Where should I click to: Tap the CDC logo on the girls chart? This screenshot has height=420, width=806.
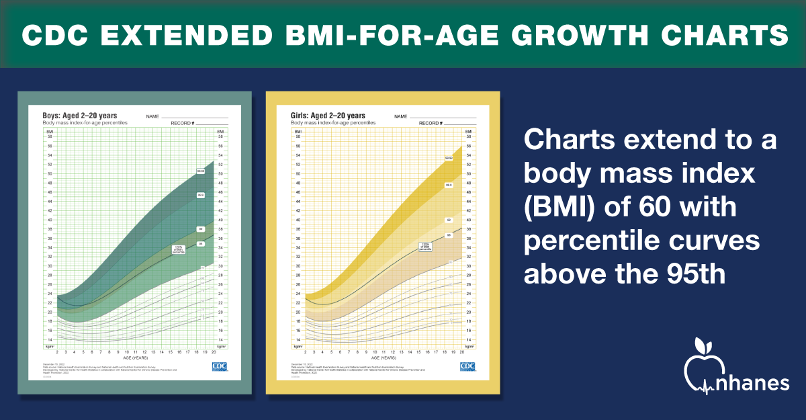point(468,366)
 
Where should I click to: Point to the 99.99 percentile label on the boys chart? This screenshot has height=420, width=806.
point(201,171)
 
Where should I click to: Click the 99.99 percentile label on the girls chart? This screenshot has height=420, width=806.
point(449,158)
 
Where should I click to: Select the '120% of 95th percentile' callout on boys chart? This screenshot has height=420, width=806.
point(179,249)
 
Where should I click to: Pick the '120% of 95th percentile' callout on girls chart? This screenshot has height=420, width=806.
point(425,246)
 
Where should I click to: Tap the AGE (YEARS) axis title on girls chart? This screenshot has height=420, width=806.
point(384,357)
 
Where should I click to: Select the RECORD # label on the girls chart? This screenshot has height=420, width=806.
point(431,124)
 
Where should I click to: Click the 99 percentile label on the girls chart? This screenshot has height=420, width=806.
point(449,220)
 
